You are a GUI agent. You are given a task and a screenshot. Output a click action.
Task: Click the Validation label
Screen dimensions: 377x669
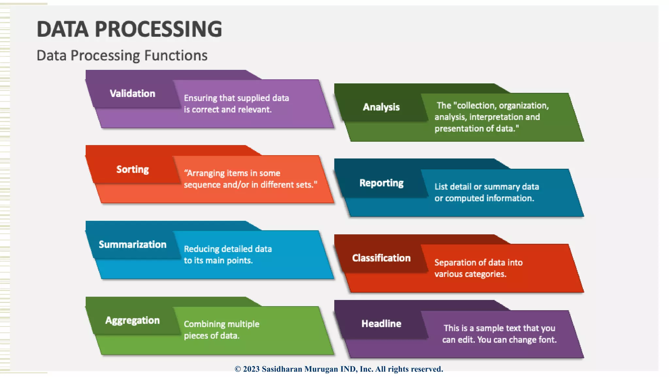pos(132,94)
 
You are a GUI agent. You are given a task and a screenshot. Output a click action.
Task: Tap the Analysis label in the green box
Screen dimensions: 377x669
pos(381,107)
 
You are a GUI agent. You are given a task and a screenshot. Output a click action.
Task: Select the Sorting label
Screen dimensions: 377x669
pos(132,169)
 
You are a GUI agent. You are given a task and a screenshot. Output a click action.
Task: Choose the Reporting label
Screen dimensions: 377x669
pos(381,183)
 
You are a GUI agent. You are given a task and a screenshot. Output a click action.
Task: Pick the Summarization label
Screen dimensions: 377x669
pos(132,244)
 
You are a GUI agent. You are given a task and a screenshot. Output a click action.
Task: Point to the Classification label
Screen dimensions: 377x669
pos(381,258)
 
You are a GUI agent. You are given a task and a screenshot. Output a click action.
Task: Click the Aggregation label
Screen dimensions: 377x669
pos(132,320)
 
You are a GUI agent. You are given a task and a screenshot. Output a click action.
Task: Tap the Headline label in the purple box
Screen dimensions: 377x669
pos(381,324)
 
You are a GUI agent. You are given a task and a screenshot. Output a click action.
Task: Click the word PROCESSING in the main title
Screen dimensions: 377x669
pos(158,29)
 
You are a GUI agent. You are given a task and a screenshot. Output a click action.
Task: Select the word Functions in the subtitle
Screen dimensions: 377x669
pos(176,56)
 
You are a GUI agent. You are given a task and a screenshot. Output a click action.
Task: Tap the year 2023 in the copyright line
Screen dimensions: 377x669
pos(251,369)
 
